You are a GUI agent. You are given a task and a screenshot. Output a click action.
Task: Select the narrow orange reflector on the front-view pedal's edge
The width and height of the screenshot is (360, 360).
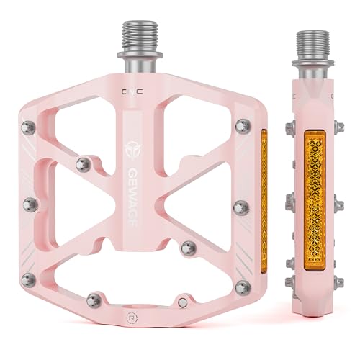click(264, 194)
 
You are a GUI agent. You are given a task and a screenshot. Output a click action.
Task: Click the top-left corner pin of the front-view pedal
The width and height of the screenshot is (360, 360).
click(28, 128)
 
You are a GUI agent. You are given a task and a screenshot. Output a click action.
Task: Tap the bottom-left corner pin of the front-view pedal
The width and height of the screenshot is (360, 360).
click(28, 279)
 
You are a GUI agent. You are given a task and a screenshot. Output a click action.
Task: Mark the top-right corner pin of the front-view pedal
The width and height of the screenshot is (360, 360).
click(241, 127)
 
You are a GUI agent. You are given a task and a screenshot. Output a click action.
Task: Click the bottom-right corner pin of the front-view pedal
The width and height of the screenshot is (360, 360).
click(242, 287)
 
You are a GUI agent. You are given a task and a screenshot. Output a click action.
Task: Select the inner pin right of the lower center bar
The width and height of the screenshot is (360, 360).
click(189, 248)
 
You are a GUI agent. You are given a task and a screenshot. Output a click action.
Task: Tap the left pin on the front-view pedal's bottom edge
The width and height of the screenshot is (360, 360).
click(93, 300)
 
